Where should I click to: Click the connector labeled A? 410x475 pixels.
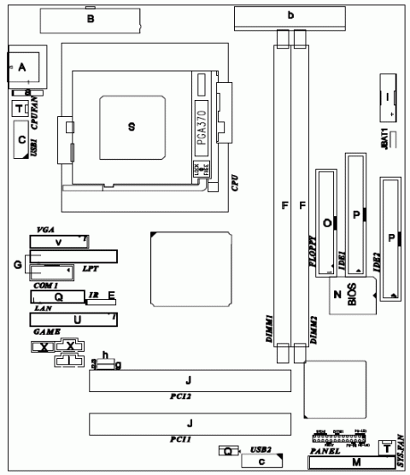pyautogui.click(x=23, y=67)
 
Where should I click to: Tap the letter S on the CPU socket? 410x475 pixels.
pyautogui.click(x=131, y=126)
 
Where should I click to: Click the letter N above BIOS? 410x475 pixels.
pyautogui.click(x=338, y=294)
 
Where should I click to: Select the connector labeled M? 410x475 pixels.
pyautogui.click(x=356, y=463)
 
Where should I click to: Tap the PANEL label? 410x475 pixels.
pyautogui.click(x=324, y=450)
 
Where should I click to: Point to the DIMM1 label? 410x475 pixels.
pyautogui.click(x=267, y=330)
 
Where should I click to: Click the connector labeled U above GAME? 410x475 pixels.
pyautogui.click(x=77, y=320)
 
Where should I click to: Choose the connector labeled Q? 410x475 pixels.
pyautogui.click(x=58, y=297)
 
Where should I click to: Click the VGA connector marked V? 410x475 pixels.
pyautogui.click(x=58, y=243)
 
